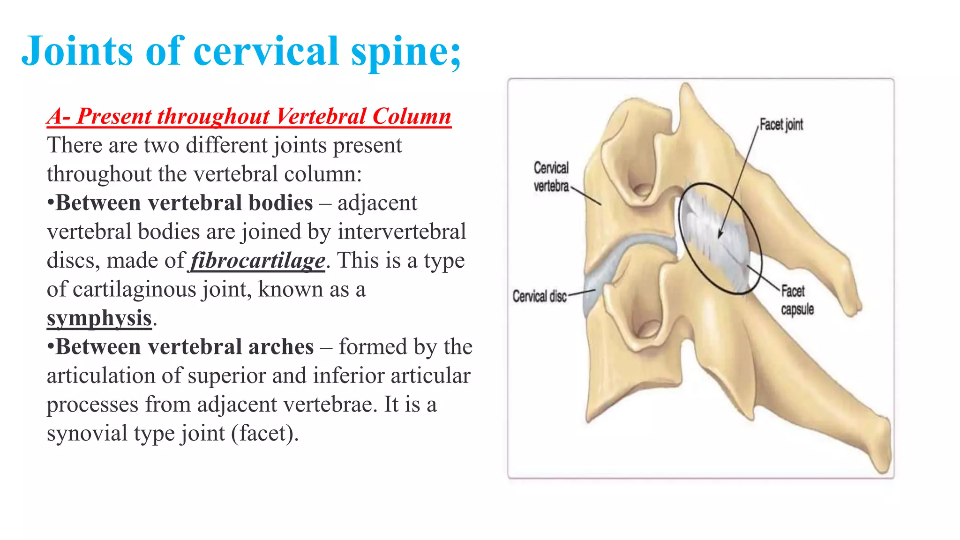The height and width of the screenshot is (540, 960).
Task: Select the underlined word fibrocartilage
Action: (x=258, y=261)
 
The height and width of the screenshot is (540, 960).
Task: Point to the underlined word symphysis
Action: (x=99, y=318)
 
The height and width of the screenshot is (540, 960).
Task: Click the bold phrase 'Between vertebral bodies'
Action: (x=184, y=203)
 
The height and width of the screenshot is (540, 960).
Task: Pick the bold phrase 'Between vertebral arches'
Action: (x=185, y=347)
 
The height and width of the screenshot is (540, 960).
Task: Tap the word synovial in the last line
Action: (x=87, y=433)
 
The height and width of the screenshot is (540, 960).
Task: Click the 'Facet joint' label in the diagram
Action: (x=781, y=125)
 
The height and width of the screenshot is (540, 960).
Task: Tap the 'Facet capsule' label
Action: (x=797, y=300)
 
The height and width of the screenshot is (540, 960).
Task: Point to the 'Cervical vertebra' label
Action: (x=551, y=177)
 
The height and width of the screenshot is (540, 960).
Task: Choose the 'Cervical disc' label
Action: (x=540, y=296)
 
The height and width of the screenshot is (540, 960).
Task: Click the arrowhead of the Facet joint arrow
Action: (x=720, y=235)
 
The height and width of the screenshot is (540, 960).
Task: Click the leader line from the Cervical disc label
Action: (x=581, y=293)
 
